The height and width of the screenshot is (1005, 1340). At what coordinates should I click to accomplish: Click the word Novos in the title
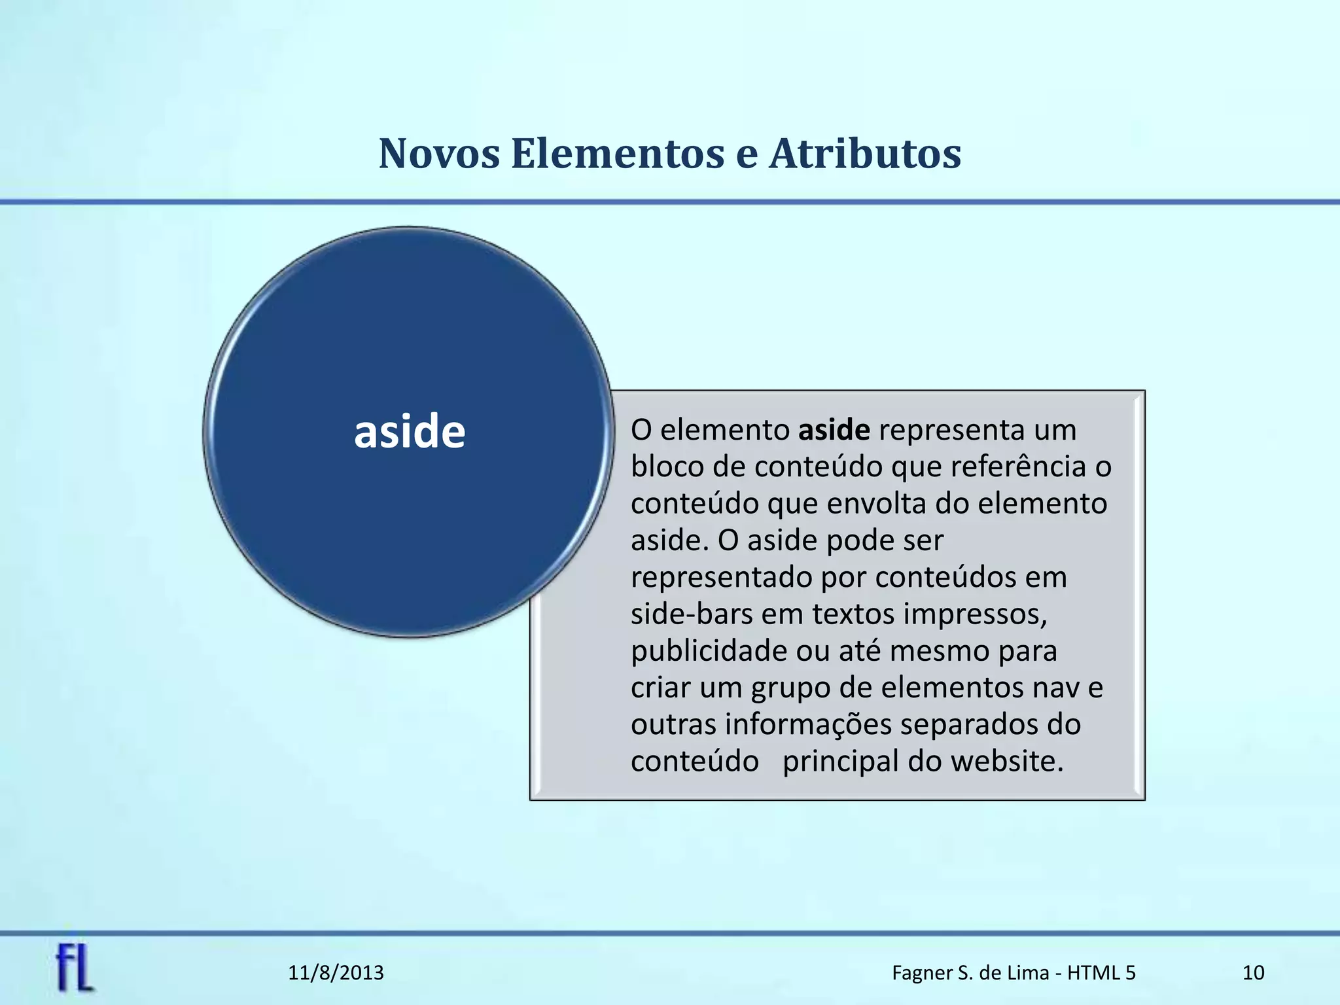point(439,154)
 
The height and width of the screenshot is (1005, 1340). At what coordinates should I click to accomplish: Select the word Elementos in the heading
point(617,154)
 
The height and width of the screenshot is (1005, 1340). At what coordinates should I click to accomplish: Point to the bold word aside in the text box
point(834,430)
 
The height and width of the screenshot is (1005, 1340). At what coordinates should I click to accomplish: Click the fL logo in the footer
point(75,969)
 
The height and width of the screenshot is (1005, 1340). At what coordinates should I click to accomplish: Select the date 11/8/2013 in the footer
point(336,973)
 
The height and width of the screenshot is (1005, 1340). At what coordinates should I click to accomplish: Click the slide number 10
point(1253,973)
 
